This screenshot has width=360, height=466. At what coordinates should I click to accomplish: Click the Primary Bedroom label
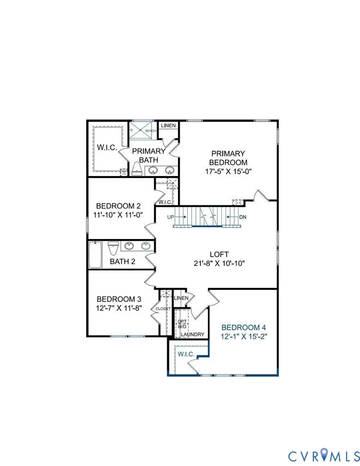228,158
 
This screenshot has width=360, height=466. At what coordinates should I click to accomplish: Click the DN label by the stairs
243,217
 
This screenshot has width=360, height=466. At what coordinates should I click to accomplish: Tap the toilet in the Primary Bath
137,169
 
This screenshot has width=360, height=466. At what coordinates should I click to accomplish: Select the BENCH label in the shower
151,131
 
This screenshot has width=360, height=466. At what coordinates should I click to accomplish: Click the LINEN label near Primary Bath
168,126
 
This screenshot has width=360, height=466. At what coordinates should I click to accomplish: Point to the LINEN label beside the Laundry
181,298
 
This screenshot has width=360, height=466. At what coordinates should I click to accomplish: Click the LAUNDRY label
190,334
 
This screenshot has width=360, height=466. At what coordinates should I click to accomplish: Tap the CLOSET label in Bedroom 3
163,309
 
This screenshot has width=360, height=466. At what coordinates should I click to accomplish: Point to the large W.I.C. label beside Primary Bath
106,148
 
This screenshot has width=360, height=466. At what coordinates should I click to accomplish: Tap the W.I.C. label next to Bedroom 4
186,354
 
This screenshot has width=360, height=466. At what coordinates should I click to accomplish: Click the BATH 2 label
122,262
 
